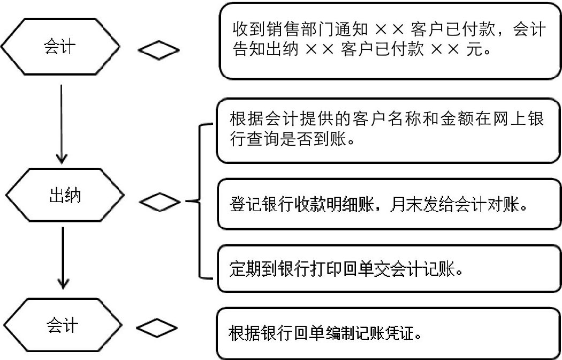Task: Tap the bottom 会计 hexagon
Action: tap(62, 326)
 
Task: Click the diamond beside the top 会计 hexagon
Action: tap(158, 51)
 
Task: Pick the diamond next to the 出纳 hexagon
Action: tap(160, 202)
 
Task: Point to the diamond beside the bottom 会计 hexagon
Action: tap(156, 327)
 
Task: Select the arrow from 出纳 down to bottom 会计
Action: tap(63, 257)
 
